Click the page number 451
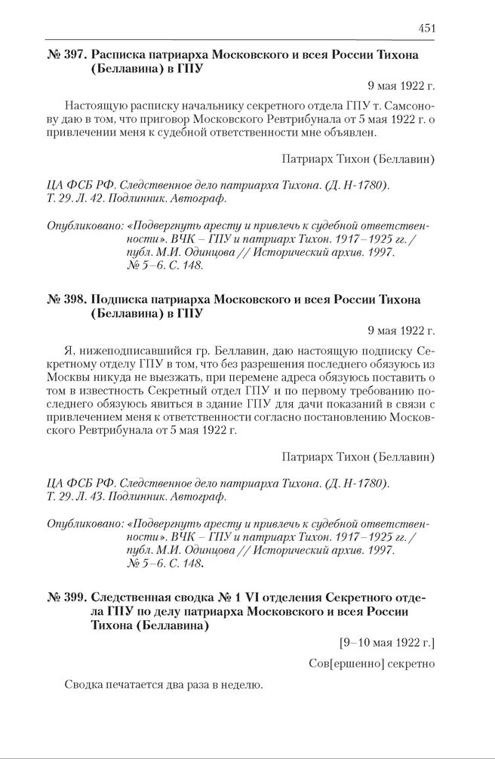point(426,29)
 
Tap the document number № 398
point(66,300)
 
